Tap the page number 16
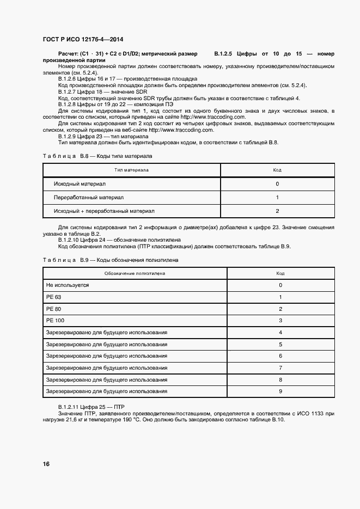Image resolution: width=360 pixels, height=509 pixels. (x=46, y=464)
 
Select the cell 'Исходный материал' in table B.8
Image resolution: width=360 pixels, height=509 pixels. (x=80, y=184)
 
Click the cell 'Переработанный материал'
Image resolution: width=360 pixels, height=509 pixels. (x=89, y=197)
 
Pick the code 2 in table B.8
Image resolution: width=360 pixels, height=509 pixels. (x=277, y=211)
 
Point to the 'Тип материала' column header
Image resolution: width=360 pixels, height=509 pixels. (x=131, y=170)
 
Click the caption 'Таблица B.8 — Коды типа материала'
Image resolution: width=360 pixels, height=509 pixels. (x=97, y=156)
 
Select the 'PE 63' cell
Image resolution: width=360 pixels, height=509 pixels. (x=54, y=297)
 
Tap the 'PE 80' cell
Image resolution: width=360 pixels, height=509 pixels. (x=54, y=309)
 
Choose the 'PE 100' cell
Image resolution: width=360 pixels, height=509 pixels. (x=55, y=321)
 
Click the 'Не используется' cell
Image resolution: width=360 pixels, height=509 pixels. (x=68, y=285)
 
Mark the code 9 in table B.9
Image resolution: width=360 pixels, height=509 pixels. (x=280, y=391)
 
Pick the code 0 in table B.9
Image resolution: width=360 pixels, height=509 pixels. (x=280, y=285)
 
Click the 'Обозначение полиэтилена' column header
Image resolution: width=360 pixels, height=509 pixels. (x=131, y=273)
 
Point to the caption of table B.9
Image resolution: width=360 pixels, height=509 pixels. (x=111, y=260)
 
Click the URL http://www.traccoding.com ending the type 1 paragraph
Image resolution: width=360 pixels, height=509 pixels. (x=213, y=116)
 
